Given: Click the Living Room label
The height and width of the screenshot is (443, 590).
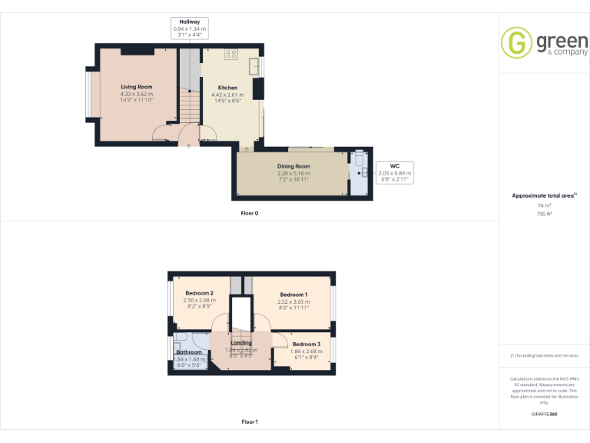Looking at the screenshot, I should click(136, 87).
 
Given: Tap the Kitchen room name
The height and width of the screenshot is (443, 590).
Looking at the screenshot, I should click(227, 88).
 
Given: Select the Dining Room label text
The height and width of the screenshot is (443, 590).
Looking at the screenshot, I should click(293, 166).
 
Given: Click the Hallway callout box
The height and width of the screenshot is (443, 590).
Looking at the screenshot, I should click(189, 28).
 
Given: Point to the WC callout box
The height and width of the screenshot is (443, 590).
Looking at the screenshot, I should click(394, 172).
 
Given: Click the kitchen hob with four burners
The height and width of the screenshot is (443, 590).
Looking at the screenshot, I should click(230, 54).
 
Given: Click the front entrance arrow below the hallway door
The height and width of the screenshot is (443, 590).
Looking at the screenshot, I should click(189, 145).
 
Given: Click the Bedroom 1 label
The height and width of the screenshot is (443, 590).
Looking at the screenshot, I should click(293, 295).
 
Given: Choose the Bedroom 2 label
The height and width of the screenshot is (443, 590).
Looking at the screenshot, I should click(199, 293).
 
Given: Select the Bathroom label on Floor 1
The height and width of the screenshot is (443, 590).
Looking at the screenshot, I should click(188, 352).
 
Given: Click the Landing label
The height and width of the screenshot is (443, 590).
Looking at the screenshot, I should click(241, 343).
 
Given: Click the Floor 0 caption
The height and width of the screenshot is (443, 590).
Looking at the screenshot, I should click(249, 212).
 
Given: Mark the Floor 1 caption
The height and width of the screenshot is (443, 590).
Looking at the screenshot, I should click(249, 421).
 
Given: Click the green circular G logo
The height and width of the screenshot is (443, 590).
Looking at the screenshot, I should click(516, 43).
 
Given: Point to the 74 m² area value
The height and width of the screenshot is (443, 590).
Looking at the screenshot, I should click(544, 205).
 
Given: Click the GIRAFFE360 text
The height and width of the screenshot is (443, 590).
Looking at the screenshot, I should click(544, 415).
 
